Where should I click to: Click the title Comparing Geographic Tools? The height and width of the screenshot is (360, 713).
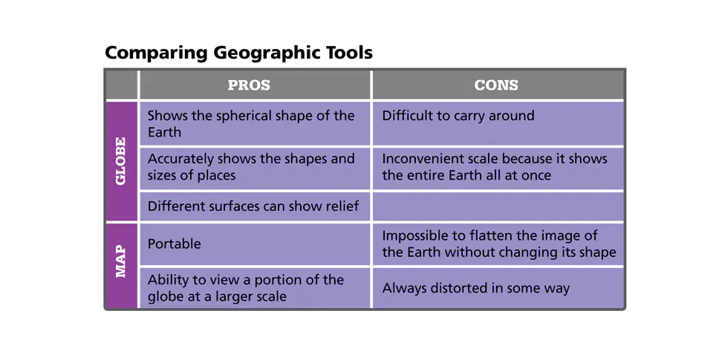(238, 53)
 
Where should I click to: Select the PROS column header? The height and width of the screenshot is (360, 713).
(249, 85)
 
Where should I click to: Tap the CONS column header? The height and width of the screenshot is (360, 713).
(496, 85)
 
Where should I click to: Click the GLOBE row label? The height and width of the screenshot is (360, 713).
(121, 161)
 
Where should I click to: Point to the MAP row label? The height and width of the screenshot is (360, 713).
(121, 261)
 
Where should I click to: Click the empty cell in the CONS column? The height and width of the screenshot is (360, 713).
(498, 206)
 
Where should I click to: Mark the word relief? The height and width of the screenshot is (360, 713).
(343, 206)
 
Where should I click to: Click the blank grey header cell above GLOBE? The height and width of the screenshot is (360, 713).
(121, 85)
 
